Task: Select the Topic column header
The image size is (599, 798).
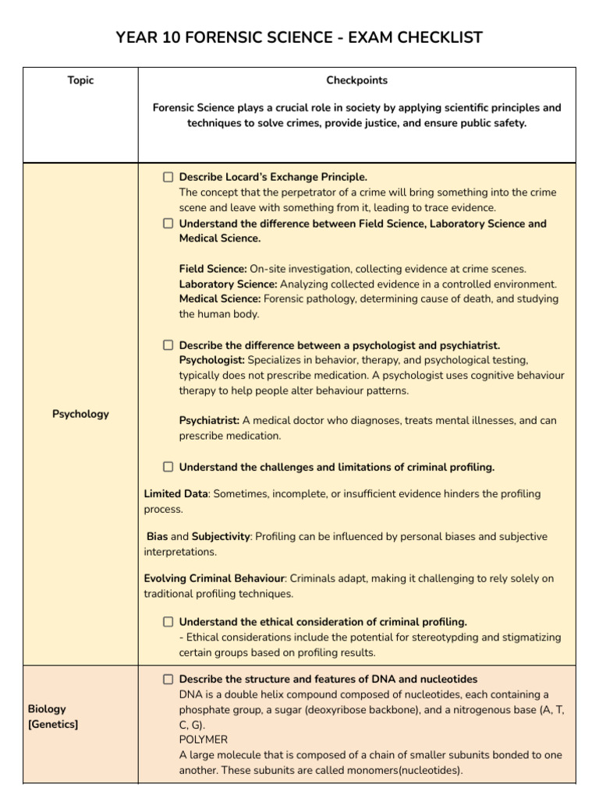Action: tap(80, 80)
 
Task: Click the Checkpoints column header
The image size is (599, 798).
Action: tap(356, 80)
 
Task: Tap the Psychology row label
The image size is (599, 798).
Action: tap(80, 414)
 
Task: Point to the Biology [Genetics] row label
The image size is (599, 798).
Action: tap(53, 717)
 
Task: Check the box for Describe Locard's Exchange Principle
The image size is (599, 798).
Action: tap(168, 178)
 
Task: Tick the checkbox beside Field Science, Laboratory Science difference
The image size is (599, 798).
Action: tap(168, 224)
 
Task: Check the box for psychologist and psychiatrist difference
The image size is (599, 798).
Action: tap(168, 345)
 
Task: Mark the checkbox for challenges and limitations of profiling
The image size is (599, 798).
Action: tap(168, 468)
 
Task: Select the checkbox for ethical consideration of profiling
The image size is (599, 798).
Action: tap(168, 622)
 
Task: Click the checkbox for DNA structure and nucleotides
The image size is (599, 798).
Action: tap(168, 680)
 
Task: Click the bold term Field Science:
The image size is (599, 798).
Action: tap(213, 269)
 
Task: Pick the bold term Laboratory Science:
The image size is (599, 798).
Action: tap(228, 284)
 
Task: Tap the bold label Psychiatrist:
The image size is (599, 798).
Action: tap(209, 421)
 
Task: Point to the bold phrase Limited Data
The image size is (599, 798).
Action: tap(175, 494)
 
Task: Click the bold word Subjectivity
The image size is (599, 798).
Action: tap(221, 537)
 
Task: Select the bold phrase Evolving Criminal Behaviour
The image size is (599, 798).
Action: tap(214, 579)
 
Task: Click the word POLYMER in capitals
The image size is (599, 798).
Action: tap(204, 740)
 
